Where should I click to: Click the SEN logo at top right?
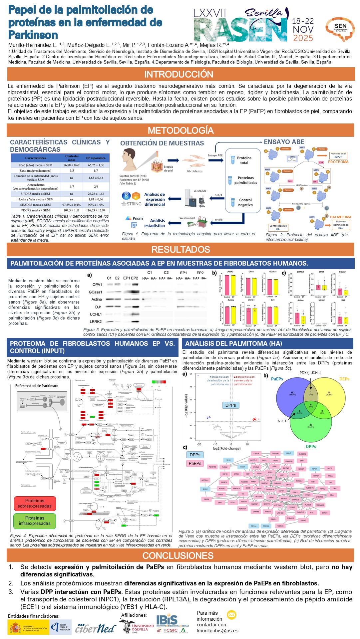coord(340,29)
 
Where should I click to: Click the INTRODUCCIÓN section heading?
coord(179,74)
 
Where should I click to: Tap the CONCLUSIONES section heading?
coord(178,555)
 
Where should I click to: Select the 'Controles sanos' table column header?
coord(72,158)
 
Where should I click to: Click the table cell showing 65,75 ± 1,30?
coord(96,165)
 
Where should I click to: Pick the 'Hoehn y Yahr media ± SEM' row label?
coord(36,199)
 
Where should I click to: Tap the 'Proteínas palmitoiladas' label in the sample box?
coord(245,180)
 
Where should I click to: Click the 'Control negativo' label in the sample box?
coord(245,202)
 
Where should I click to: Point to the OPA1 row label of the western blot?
coord(97,285)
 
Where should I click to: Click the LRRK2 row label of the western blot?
coord(96,321)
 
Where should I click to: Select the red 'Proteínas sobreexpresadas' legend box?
coord(35,503)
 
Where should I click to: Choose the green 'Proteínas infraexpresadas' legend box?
coord(35,521)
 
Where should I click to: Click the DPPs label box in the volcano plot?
coord(230,405)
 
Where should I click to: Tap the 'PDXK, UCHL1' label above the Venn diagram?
coord(310,373)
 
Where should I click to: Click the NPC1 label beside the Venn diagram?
coord(282,421)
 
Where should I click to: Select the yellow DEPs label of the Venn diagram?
coord(344,379)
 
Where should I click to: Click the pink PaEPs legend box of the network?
coord(195,463)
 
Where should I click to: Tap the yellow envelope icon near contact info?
coord(231,615)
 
